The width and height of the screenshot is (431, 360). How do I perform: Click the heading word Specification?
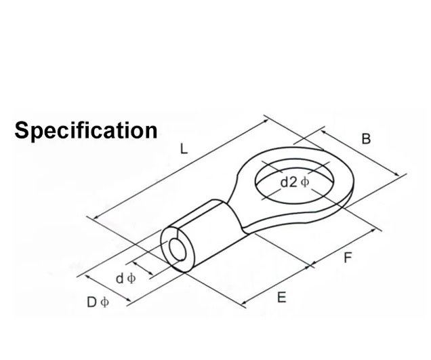tap(86, 131)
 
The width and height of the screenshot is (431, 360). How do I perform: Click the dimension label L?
tap(184, 149)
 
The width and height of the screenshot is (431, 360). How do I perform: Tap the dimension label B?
tap(366, 139)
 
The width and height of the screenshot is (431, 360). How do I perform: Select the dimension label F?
tap(348, 258)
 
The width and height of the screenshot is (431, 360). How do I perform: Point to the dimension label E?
tap(281, 298)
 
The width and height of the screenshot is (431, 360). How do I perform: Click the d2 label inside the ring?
tap(289, 182)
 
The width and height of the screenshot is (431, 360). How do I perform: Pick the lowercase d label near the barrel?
tap(119, 278)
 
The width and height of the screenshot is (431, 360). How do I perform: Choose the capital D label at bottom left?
tap(91, 302)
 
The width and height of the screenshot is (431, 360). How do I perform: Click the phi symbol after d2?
tap(305, 182)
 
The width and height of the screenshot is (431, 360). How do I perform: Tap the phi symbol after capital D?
tap(105, 302)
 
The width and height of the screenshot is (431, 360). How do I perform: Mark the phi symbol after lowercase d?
tap(131, 278)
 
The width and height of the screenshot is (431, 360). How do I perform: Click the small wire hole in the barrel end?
tap(178, 249)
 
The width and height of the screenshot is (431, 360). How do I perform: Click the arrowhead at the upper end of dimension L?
tap(266, 121)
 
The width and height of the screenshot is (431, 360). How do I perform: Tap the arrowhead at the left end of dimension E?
tap(243, 303)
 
